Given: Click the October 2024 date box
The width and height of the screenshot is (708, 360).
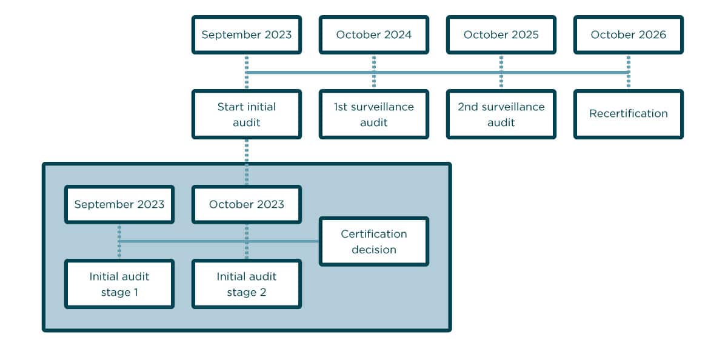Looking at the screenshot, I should [x=373, y=35].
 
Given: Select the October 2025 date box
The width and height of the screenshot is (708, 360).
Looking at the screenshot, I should [x=501, y=35].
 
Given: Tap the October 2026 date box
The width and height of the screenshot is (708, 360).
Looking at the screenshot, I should [x=628, y=35].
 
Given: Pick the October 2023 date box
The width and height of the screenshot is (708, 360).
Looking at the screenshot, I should [x=246, y=204].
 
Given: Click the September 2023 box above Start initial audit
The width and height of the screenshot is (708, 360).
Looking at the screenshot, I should [x=246, y=35].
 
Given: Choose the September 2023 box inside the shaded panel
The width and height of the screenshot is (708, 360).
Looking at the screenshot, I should [x=119, y=204].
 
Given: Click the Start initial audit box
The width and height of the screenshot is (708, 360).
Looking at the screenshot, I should [x=246, y=115].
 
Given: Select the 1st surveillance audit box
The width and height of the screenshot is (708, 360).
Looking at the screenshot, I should [x=373, y=115].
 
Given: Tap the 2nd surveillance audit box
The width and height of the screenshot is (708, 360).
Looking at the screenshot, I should [x=501, y=115].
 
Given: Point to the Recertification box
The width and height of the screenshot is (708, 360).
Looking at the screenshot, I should [x=628, y=114].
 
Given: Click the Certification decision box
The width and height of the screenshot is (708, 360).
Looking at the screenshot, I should [x=373, y=241].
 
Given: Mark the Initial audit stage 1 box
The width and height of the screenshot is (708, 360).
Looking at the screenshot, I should [x=119, y=284].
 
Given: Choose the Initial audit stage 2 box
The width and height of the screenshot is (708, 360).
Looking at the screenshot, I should [x=246, y=284].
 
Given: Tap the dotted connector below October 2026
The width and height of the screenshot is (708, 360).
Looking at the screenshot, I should [x=628, y=64].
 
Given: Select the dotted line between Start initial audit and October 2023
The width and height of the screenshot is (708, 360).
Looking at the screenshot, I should [x=246, y=162].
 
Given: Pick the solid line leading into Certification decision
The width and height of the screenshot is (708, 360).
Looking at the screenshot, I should [x=285, y=241].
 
